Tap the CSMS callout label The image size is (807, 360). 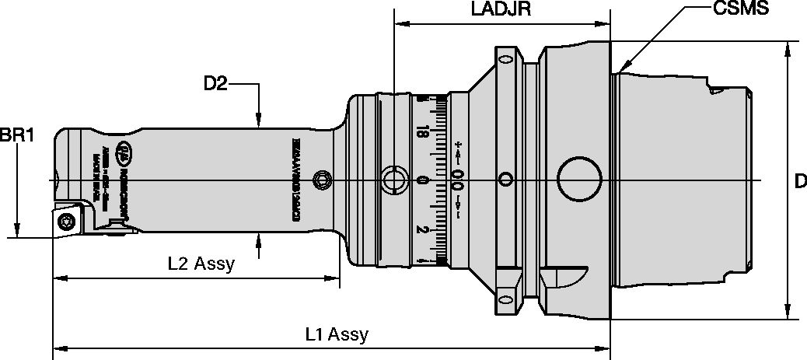pyautogui.click(x=742, y=9)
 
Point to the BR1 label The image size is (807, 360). pyautogui.click(x=16, y=135)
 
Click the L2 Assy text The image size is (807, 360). pyautogui.click(x=201, y=264)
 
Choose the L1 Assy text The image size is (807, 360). pyautogui.click(x=336, y=335)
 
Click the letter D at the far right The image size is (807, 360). pyautogui.click(x=799, y=181)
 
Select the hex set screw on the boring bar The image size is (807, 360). pyautogui.click(x=321, y=181)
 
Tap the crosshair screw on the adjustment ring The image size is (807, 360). pyautogui.click(x=395, y=180)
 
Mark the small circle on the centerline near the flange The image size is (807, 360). pyautogui.click(x=505, y=180)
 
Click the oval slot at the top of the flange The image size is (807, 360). pyautogui.click(x=506, y=60)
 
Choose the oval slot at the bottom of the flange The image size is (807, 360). pyautogui.click(x=506, y=299)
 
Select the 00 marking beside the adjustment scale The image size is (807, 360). pyautogui.click(x=457, y=180)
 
